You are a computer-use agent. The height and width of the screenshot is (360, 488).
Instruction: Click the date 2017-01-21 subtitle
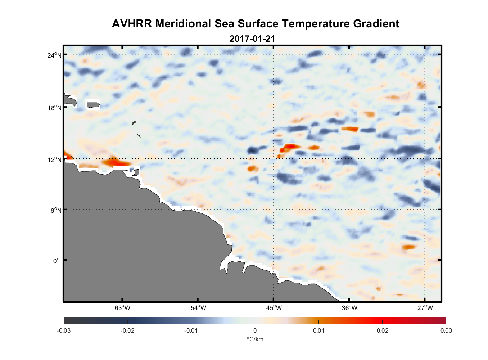(x=252, y=39)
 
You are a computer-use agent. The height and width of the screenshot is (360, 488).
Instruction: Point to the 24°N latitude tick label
(x=54, y=55)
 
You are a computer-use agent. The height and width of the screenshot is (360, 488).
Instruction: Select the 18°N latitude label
(x=54, y=108)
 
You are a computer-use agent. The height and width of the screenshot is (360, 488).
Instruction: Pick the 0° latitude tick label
(x=56, y=261)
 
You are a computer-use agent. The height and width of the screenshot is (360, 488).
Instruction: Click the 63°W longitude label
(x=122, y=308)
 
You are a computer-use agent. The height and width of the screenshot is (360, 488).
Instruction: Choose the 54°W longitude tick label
(x=198, y=308)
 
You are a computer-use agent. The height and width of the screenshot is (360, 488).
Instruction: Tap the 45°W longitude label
(x=274, y=308)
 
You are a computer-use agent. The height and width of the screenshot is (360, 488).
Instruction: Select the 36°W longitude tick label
(x=349, y=308)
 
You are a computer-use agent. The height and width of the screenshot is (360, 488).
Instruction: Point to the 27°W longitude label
(x=425, y=308)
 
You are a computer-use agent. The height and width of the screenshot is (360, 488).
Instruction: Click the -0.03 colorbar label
(x=64, y=330)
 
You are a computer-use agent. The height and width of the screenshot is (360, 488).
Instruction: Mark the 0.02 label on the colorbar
(x=383, y=330)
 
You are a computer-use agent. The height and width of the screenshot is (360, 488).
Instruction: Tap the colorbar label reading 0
(x=255, y=330)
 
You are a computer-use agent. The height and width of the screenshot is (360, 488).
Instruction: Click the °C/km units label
(x=255, y=339)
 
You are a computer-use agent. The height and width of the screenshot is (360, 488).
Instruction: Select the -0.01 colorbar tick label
(x=191, y=330)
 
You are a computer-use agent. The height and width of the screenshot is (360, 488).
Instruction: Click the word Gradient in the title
(x=376, y=24)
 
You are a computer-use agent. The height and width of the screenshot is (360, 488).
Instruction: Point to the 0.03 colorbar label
(x=446, y=330)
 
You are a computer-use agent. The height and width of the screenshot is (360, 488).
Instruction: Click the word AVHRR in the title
(x=132, y=24)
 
